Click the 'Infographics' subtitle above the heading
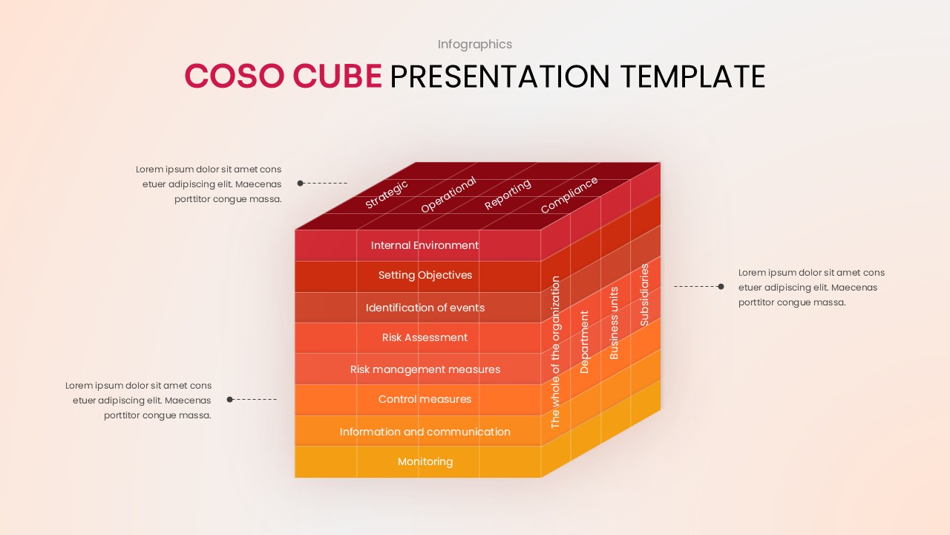[474, 45]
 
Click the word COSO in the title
[234, 77]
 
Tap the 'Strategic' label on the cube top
[387, 194]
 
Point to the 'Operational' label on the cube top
[448, 195]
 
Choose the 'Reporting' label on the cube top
[508, 194]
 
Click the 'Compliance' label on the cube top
[569, 195]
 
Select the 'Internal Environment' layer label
[425, 245]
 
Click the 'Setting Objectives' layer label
[425, 276]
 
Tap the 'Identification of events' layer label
[425, 308]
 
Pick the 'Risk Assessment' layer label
[425, 338]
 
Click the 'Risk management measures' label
[425, 369]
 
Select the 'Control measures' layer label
[425, 400]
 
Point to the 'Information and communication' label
[425, 432]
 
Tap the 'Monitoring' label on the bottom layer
[425, 462]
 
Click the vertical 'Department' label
[584, 342]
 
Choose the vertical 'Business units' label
[614, 323]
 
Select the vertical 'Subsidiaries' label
[644, 294]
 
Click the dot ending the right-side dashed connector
[721, 286]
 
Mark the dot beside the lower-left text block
[230, 400]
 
